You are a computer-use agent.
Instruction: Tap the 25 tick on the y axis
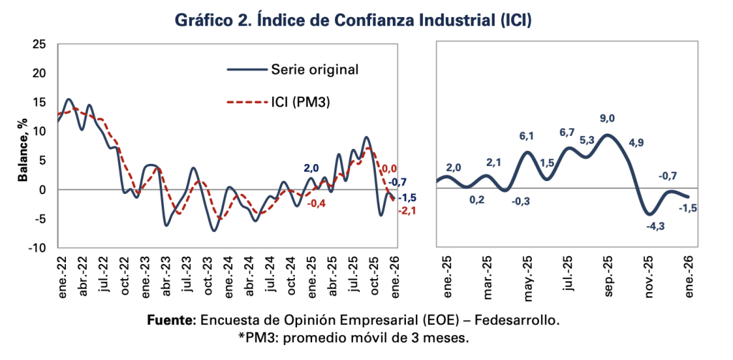point(40,44)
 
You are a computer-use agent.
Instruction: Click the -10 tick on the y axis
point(37,248)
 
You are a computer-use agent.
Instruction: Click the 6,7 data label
point(568,132)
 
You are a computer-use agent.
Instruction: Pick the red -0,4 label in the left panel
point(317,203)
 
